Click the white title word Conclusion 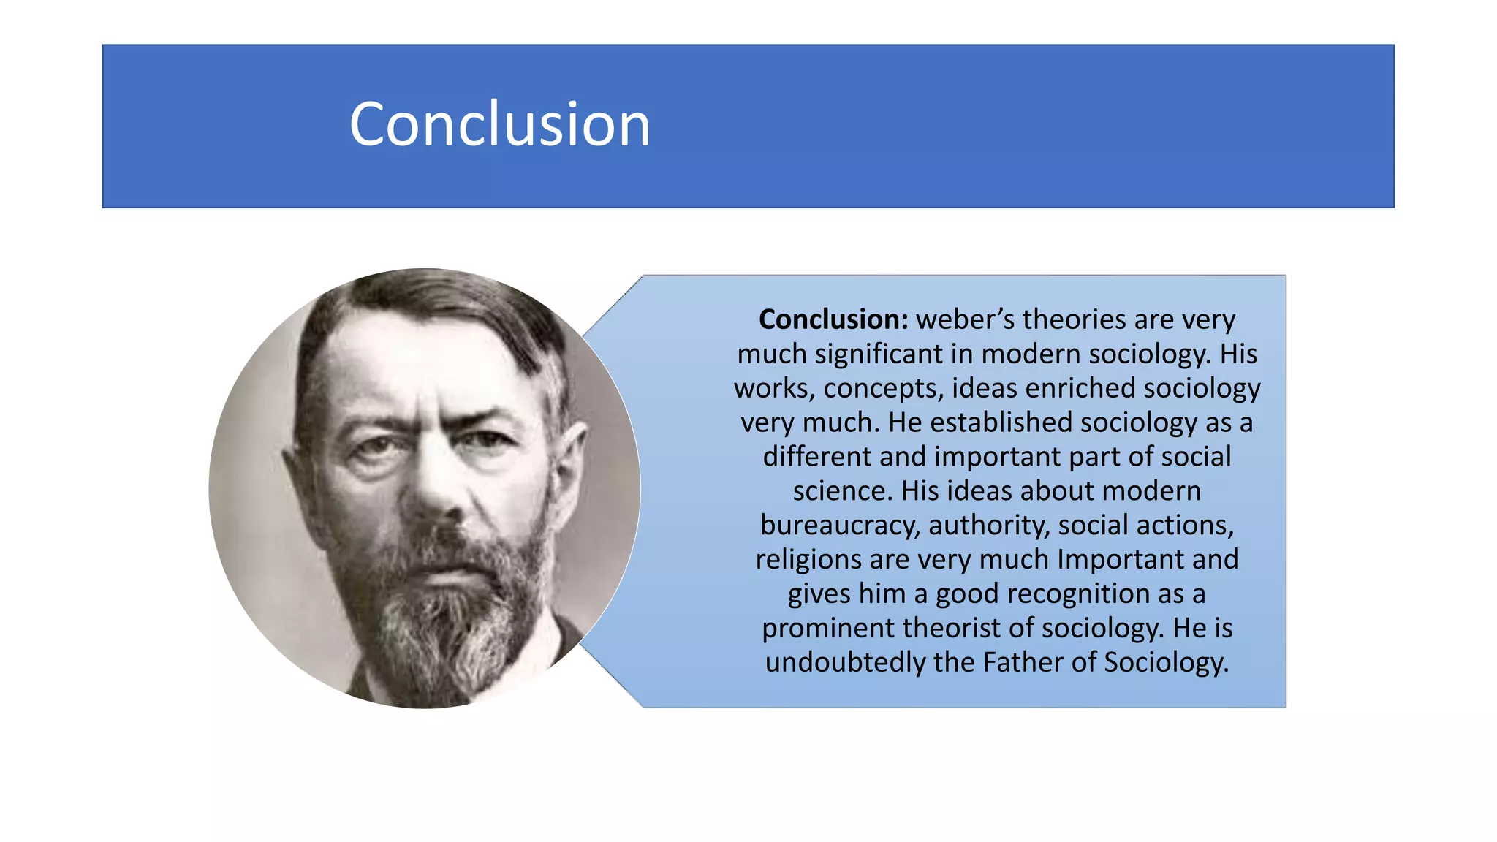click(x=499, y=125)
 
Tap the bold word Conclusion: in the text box click(x=833, y=319)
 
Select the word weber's click(x=964, y=319)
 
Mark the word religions click(x=808, y=560)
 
